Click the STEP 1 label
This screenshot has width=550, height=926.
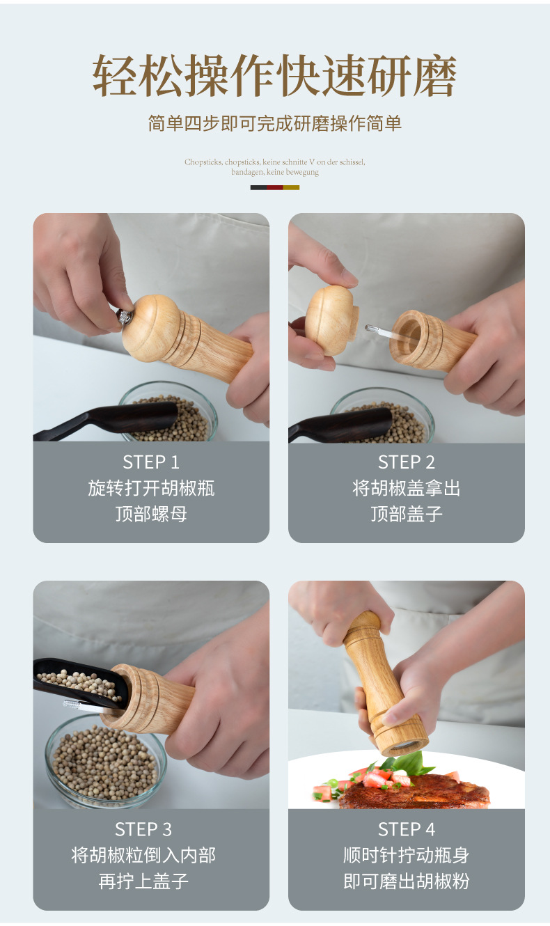pyautogui.click(x=151, y=462)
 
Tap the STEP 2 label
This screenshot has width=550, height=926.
pyautogui.click(x=406, y=462)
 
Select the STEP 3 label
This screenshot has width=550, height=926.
pyautogui.click(x=143, y=829)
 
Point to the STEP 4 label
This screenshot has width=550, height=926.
pyautogui.click(x=406, y=829)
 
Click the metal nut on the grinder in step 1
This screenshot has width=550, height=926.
pyautogui.click(x=125, y=317)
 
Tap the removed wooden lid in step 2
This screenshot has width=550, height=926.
pyautogui.click(x=330, y=320)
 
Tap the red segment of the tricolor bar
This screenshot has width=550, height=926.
pyautogui.click(x=275, y=188)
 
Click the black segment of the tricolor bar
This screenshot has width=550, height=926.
pyautogui.click(x=258, y=188)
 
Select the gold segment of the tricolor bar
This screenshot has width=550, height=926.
pyautogui.click(x=291, y=188)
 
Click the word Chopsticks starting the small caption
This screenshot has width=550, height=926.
pyautogui.click(x=203, y=162)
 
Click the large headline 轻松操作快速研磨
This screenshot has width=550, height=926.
pyautogui.click(x=275, y=76)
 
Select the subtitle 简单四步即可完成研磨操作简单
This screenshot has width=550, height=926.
pyautogui.click(x=275, y=123)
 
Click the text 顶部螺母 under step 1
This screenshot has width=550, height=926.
pyautogui.click(x=151, y=514)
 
